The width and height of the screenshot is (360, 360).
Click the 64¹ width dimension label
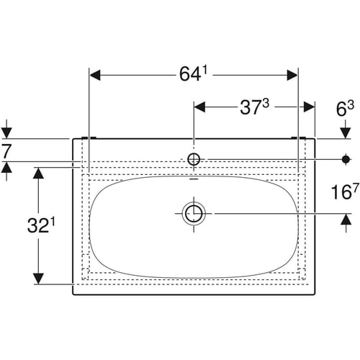(x=193, y=73)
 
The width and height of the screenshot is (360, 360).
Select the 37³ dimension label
(x=254, y=107)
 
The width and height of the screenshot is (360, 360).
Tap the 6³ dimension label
(x=345, y=109)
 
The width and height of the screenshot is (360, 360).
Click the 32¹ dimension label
(x=41, y=225)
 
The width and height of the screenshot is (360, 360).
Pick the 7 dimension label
(x=6, y=151)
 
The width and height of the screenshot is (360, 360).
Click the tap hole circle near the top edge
(x=194, y=159)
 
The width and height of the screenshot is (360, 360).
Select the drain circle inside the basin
(x=194, y=213)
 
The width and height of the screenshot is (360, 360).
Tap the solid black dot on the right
(x=346, y=159)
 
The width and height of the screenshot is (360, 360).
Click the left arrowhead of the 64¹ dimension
(x=95, y=76)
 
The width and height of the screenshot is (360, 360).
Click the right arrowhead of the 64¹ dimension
(x=292, y=76)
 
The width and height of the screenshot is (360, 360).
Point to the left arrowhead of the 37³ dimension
(x=199, y=107)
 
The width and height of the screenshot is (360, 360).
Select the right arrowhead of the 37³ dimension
(x=309, y=107)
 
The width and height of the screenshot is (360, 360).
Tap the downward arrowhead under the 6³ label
(x=346, y=133)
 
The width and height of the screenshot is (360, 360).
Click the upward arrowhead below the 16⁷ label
(x=346, y=220)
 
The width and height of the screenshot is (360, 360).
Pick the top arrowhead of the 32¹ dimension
(x=38, y=173)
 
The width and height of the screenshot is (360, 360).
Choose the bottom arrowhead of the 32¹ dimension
(x=38, y=279)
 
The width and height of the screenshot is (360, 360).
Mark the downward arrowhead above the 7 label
(x=6, y=133)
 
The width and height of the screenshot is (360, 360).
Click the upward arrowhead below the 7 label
(x=6, y=168)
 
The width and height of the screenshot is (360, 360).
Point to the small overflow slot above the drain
(x=194, y=179)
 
